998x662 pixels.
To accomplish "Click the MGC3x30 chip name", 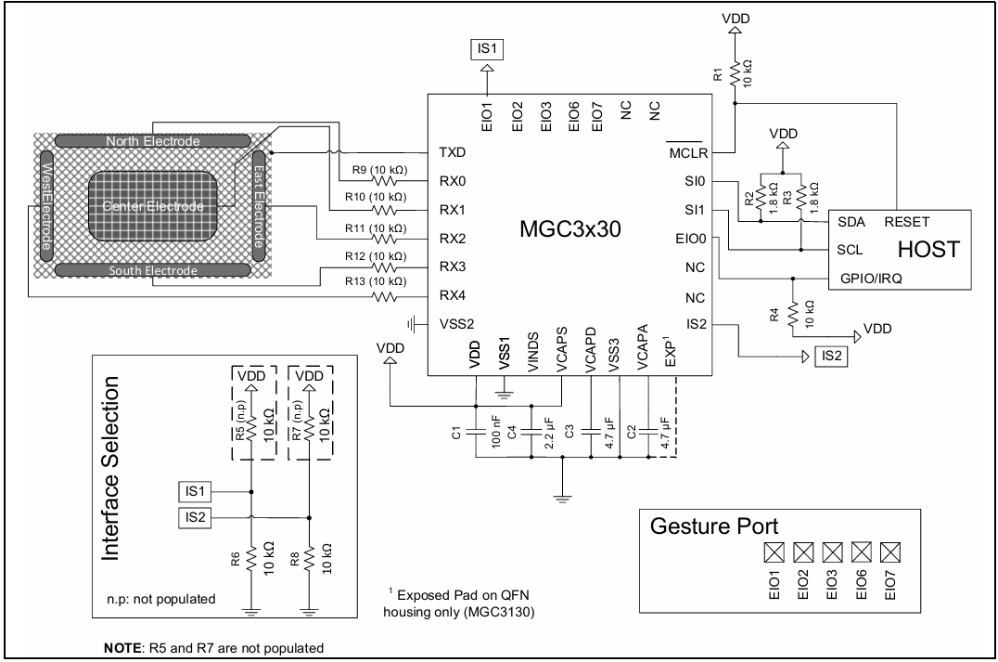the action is click(570, 228).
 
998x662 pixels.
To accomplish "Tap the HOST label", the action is click(928, 249).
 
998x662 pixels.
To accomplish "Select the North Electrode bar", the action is click(153, 141).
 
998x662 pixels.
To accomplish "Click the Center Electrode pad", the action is click(153, 206).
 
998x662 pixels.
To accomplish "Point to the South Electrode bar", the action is click(153, 270).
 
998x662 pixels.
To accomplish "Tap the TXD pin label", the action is click(452, 152).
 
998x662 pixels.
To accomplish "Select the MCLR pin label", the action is click(688, 153).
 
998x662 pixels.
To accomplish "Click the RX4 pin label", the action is click(452, 295).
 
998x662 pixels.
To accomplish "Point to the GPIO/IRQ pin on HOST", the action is click(871, 279).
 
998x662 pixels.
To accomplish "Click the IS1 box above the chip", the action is click(487, 49).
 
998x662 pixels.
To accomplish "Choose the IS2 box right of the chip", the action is click(831, 357).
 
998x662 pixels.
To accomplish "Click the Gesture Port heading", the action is click(714, 526).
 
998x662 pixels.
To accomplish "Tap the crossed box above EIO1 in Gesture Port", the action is click(774, 552).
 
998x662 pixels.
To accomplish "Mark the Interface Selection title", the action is click(110, 468).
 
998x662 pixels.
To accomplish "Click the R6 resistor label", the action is click(235, 560).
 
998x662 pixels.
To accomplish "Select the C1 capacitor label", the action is click(455, 434).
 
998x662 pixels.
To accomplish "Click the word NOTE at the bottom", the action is click(122, 648).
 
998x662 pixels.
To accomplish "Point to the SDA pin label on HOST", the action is click(851, 222).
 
